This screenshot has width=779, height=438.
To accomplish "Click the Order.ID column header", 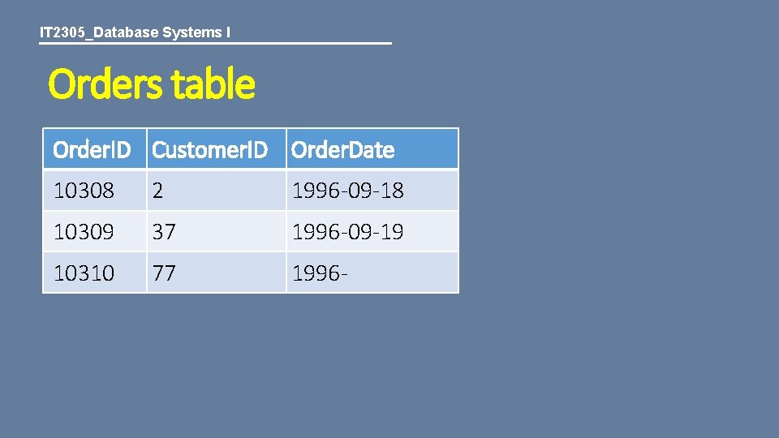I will [91, 150].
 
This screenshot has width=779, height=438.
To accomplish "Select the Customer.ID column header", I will [209, 150].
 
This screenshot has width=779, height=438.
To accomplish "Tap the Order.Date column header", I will [342, 150].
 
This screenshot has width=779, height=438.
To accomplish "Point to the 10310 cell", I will [84, 273].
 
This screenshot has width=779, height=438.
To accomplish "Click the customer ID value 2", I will [157, 191].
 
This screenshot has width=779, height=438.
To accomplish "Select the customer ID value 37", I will [164, 233].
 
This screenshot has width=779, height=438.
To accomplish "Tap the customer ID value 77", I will [164, 273].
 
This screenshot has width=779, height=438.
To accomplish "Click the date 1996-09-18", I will [347, 191].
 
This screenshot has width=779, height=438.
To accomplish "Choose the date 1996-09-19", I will [347, 233].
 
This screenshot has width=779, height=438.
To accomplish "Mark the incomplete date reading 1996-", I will [321, 273].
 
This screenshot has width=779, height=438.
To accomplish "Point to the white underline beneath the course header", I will [215, 43].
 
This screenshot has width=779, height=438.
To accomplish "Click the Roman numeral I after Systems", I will [228, 33].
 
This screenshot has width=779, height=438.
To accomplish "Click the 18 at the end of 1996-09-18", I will [392, 191].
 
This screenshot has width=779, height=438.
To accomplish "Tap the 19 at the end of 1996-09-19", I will [392, 233].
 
